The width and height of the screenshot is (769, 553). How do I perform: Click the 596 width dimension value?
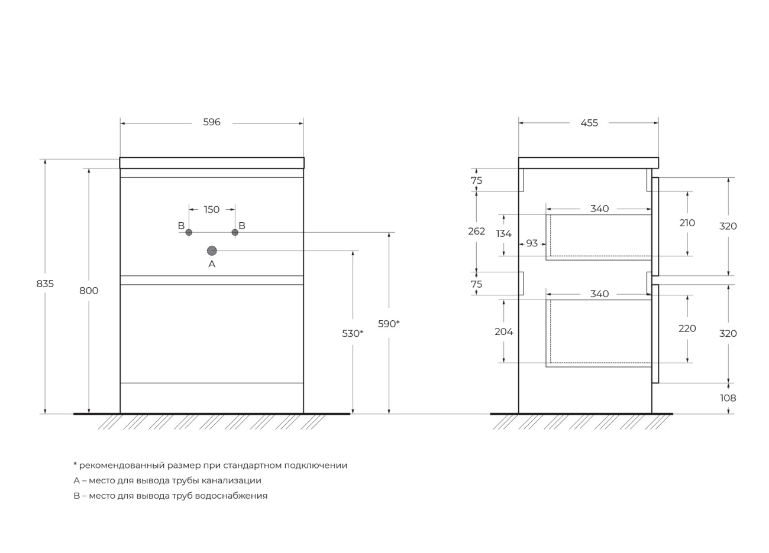tap(212, 122)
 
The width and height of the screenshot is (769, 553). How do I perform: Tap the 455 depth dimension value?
tap(589, 123)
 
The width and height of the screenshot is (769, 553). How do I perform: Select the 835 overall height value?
tap(45, 284)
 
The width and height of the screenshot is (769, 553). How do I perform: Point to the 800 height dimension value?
tap(89, 291)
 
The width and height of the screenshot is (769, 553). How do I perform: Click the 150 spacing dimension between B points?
tap(212, 210)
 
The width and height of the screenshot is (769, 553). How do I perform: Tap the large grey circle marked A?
tap(212, 251)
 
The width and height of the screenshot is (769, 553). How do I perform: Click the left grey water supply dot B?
tap(189, 232)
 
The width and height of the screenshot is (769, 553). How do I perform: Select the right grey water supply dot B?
tap(235, 232)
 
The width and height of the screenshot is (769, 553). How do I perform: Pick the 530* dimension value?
tap(353, 333)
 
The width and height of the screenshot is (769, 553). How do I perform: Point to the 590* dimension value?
tap(389, 324)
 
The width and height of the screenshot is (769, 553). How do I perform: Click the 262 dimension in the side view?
tap(477, 232)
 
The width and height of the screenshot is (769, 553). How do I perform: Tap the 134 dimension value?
tap(503, 233)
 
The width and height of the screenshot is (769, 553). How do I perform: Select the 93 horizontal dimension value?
tap(532, 243)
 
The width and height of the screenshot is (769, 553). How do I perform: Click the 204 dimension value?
tap(503, 331)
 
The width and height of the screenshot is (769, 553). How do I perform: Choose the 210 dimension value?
tap(687, 223)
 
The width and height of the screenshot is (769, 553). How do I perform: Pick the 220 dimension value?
tap(687, 328)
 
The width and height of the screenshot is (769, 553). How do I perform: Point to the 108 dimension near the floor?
tap(728, 398)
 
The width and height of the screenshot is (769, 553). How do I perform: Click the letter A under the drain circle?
tap(212, 264)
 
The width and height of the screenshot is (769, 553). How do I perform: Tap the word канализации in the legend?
tap(231, 481)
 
